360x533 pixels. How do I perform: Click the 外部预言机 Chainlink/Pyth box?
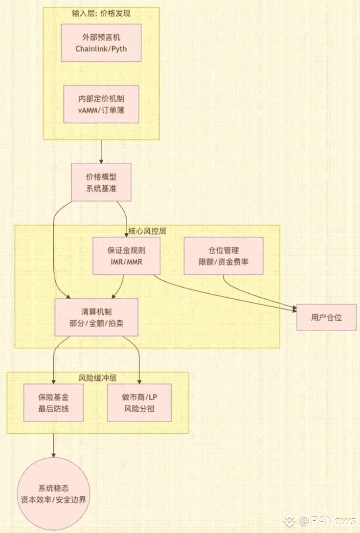click(101, 43)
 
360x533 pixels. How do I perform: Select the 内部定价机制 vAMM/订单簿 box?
click(101, 104)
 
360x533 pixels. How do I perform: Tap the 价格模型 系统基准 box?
click(101, 182)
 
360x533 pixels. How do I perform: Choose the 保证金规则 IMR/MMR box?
click(126, 256)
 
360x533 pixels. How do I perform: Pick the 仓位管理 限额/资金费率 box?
click(224, 256)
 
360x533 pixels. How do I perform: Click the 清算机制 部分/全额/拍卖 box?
click(96, 317)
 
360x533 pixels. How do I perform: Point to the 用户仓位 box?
click(326, 317)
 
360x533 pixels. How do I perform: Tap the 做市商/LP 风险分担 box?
click(139, 402)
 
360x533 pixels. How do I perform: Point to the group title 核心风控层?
click(147, 231)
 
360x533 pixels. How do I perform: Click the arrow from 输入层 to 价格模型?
click(101, 152)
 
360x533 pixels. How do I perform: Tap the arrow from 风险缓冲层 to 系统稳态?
click(53, 445)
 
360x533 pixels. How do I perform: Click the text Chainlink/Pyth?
click(101, 49)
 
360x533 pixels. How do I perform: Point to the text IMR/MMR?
click(126, 262)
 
